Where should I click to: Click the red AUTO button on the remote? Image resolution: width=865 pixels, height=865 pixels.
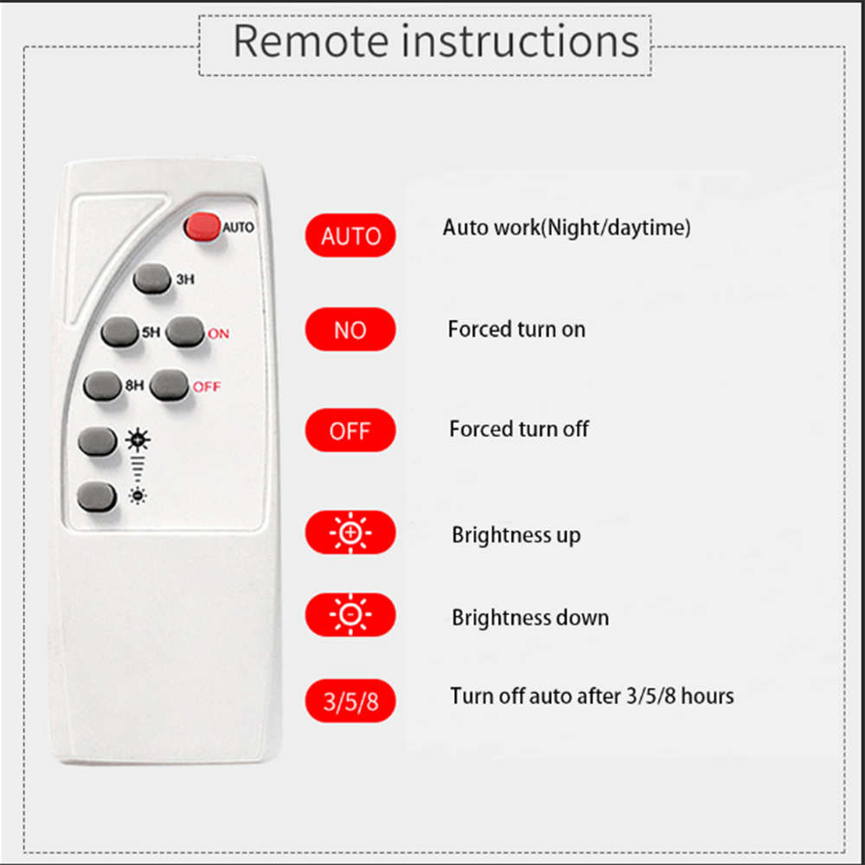pyautogui.click(x=202, y=227)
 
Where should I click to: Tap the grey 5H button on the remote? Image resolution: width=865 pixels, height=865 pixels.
pyautogui.click(x=119, y=332)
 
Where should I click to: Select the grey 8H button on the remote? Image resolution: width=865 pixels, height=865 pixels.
pyautogui.click(x=102, y=386)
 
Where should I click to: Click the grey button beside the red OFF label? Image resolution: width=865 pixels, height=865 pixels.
pyautogui.click(x=169, y=386)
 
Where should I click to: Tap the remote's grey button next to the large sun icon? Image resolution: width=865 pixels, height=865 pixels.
pyautogui.click(x=97, y=441)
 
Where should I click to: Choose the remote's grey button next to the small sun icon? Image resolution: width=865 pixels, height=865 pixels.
pyautogui.click(x=96, y=497)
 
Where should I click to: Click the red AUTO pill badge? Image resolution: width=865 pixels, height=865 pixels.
pyautogui.click(x=350, y=236)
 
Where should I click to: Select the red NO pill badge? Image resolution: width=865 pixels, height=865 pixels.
pyautogui.click(x=350, y=330)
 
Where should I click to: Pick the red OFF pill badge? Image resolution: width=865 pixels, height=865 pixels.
pyautogui.click(x=350, y=431)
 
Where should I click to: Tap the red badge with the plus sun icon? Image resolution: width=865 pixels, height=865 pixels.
pyautogui.click(x=350, y=534)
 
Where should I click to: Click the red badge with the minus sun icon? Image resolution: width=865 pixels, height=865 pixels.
pyautogui.click(x=350, y=616)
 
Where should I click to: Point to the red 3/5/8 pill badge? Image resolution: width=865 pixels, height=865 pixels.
pyautogui.click(x=350, y=702)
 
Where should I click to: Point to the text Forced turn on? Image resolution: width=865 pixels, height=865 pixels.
pyautogui.click(x=516, y=330)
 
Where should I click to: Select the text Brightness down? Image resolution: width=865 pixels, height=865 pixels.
pyautogui.click(x=530, y=618)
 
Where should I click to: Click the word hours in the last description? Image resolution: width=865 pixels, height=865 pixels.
pyautogui.click(x=706, y=695)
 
